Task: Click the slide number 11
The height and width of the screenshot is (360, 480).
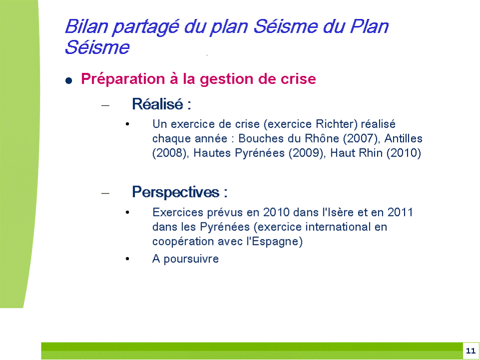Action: (x=470, y=351)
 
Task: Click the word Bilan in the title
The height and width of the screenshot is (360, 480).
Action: (x=86, y=26)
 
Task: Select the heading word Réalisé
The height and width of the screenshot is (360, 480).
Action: (x=157, y=104)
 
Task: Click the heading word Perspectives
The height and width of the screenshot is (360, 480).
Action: (x=175, y=192)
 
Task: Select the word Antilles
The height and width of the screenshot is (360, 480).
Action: (x=403, y=138)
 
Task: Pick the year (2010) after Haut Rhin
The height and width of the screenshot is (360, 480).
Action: (x=404, y=153)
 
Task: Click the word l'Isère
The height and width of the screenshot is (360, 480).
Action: (x=338, y=212)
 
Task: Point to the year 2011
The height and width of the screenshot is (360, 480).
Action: (x=400, y=212)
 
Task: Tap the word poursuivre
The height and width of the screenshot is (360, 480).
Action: (x=191, y=259)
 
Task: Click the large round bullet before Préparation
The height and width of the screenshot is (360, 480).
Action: (x=69, y=80)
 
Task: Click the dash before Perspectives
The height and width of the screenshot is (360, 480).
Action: (x=105, y=193)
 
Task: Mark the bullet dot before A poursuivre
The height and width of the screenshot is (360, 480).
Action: (x=127, y=259)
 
